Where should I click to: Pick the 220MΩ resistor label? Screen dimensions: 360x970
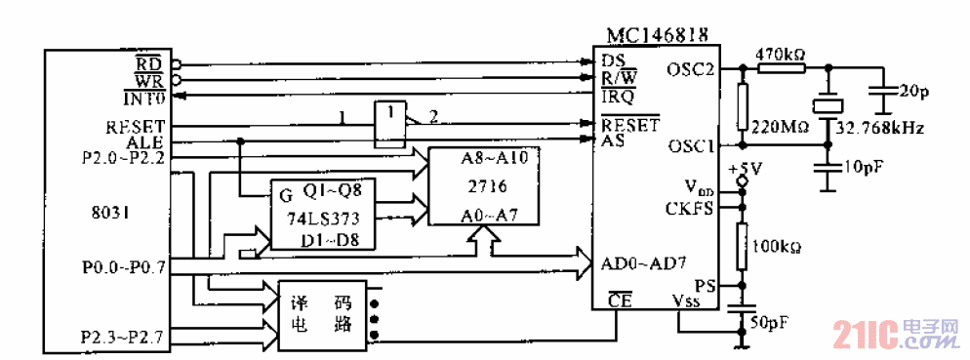(778, 127)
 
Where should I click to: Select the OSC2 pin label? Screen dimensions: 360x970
(691, 69)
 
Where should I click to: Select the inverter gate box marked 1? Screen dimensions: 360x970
(390, 114)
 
